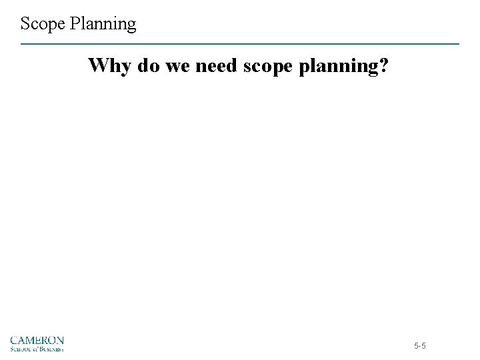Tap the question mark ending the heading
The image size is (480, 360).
click(x=383, y=66)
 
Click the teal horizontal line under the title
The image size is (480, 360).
click(x=240, y=44)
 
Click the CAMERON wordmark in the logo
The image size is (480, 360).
click(x=37, y=340)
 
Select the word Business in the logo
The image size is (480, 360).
click(x=51, y=347)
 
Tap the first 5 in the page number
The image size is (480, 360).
click(x=417, y=347)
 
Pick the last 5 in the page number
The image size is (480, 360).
click(x=425, y=347)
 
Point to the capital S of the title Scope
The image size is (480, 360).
click(x=25, y=25)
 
